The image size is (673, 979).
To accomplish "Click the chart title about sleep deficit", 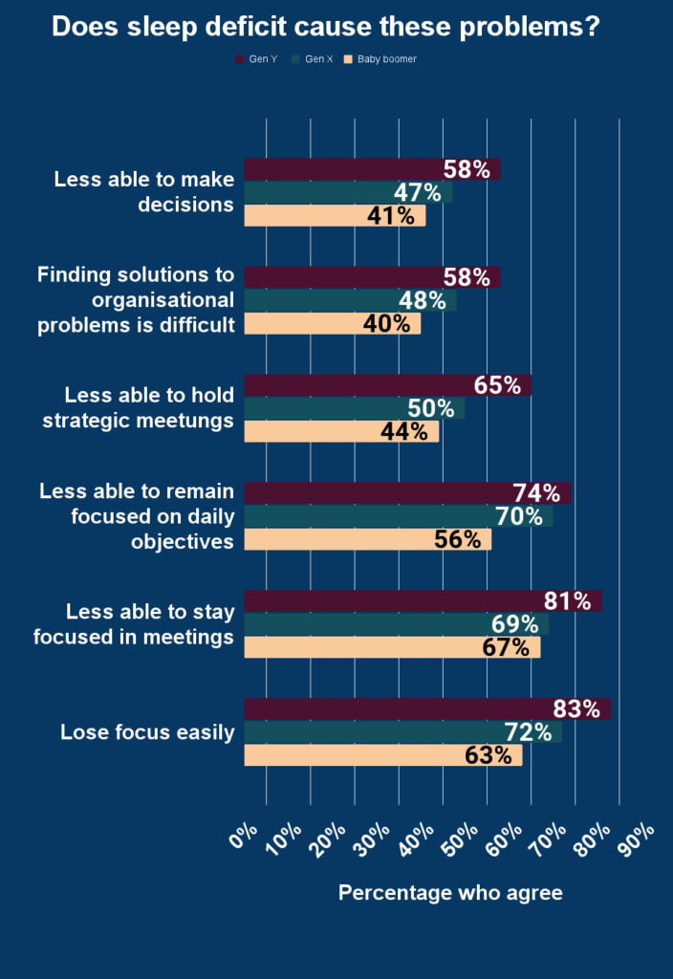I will [325, 27].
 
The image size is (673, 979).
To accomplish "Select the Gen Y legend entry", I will [256, 59].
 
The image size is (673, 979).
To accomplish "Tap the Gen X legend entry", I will [317, 59].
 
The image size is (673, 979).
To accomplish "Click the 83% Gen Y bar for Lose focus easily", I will [426, 709].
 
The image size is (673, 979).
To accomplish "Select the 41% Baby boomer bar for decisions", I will [335, 216].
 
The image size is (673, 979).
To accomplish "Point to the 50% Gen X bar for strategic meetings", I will [354, 408].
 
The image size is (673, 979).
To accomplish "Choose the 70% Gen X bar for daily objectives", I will [398, 517].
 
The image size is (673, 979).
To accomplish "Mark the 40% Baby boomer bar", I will [332, 324].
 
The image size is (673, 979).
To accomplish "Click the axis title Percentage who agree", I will [450, 893].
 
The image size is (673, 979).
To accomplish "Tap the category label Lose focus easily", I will [147, 733].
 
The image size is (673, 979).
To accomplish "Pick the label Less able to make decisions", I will [144, 191].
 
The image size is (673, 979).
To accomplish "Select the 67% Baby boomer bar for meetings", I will [392, 647].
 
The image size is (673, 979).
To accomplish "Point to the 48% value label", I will [423, 301].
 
